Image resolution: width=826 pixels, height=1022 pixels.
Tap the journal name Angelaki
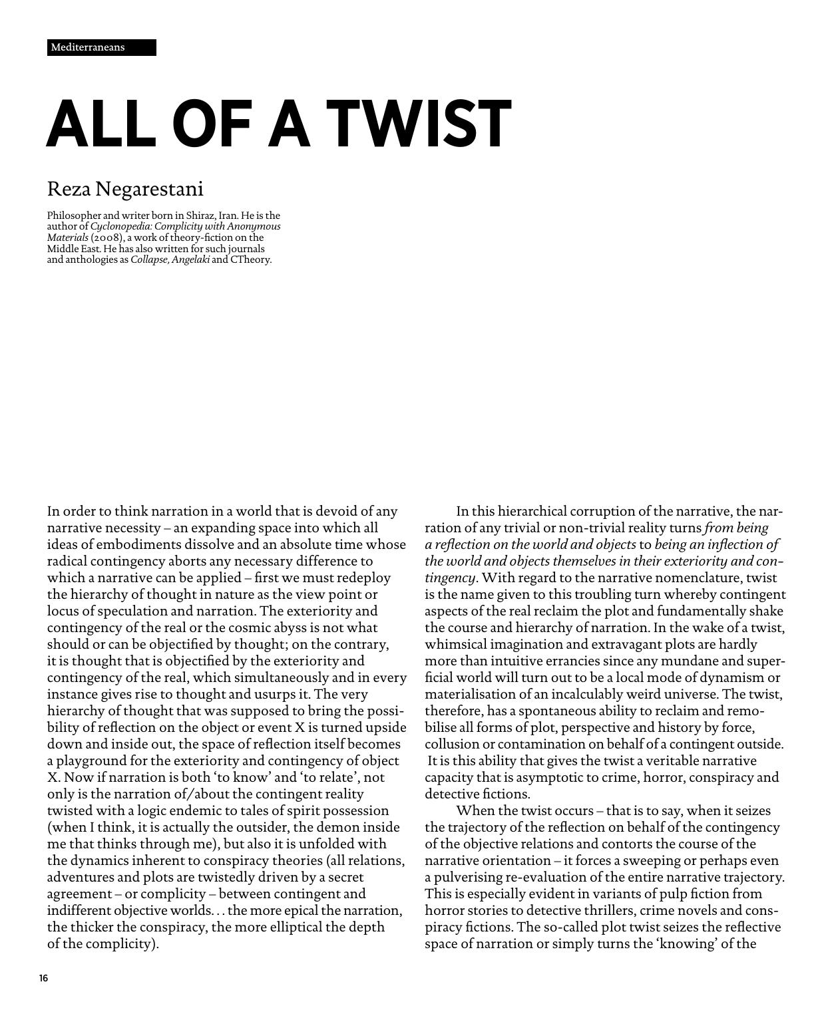[190, 259]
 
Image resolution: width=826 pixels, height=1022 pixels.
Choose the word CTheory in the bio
[251, 259]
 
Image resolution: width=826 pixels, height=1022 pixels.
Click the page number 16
[43, 978]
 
